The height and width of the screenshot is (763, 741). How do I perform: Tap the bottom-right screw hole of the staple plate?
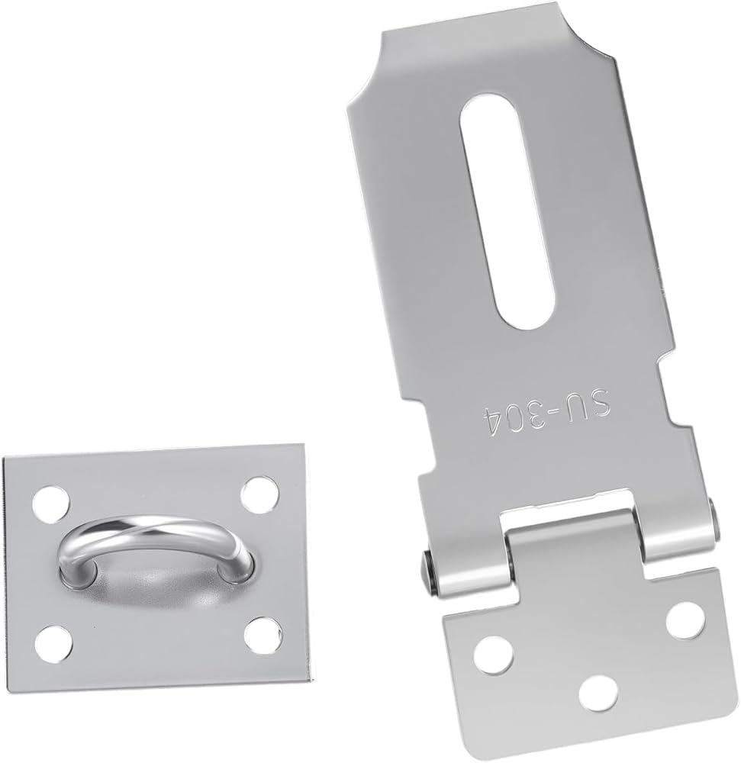(263, 635)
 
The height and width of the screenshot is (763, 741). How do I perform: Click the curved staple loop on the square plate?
(156, 545)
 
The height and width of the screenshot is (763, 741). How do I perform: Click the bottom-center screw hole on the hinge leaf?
(598, 693)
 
